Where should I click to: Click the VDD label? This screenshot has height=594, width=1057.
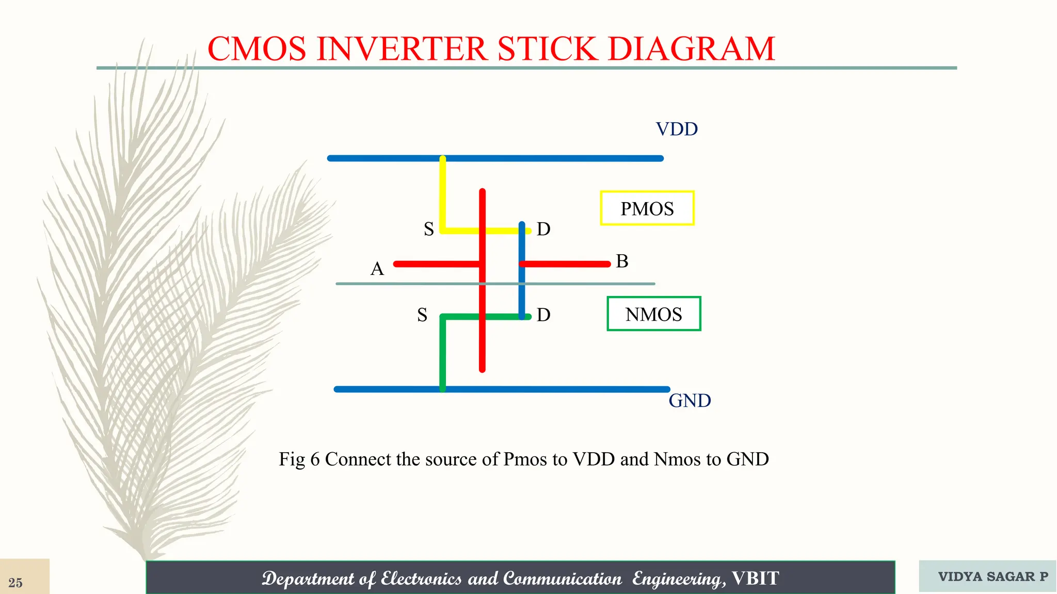[677, 129]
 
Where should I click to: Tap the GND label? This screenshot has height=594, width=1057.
[690, 401]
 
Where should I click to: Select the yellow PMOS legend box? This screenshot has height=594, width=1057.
[647, 208]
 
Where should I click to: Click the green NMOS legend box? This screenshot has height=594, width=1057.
[653, 314]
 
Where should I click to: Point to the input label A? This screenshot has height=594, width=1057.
[377, 269]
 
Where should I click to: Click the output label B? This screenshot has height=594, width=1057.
[622, 261]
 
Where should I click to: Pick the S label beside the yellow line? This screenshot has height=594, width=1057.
[428, 229]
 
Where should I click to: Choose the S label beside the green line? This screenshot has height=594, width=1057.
[422, 315]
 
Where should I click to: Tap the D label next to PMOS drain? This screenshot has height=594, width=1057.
[543, 229]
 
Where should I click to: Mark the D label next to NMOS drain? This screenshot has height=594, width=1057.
[543, 315]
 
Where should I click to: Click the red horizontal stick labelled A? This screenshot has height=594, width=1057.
[436, 264]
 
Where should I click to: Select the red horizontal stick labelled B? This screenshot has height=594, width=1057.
[568, 264]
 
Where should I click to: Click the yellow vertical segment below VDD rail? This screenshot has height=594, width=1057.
[442, 193]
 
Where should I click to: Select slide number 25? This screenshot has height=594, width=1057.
[15, 583]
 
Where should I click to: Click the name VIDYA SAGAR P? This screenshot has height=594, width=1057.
[992, 576]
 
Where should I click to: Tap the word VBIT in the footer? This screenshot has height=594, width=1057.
[755, 579]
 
